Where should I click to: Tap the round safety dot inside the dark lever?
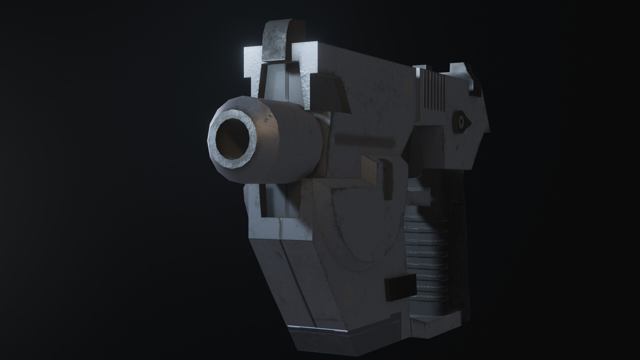[x=461, y=123]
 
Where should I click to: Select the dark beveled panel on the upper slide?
[x=330, y=93]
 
